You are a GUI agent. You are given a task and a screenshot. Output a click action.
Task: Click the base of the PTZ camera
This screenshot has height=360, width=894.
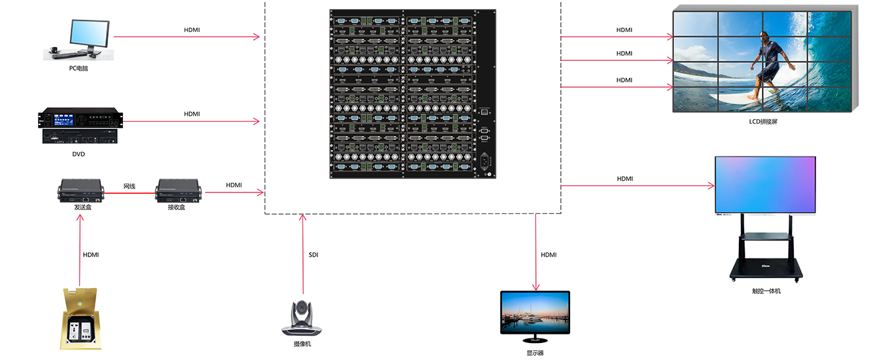pyautogui.click(x=303, y=333)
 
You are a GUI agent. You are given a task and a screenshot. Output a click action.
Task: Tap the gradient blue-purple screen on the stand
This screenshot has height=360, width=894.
pyautogui.click(x=765, y=184)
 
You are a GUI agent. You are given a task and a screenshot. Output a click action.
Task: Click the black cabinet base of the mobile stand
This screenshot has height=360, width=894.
pyautogui.click(x=765, y=265)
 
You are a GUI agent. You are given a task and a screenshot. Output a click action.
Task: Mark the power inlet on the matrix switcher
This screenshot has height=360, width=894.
pyautogui.click(x=485, y=159)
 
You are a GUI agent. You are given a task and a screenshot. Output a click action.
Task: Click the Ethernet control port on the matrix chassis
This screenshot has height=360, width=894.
pyautogui.click(x=484, y=113)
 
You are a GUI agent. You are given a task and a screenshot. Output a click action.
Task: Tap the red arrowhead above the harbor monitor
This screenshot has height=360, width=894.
pyautogui.click(x=536, y=282)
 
